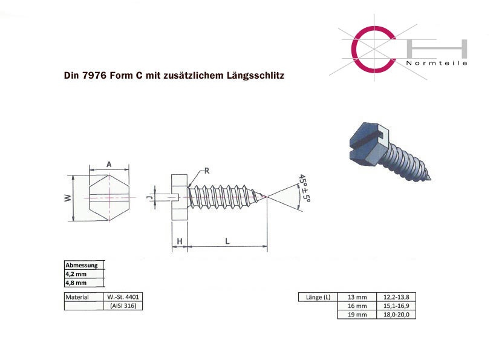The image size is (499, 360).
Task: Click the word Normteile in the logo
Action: click(437, 63)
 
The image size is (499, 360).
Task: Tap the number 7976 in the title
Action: click(94, 76)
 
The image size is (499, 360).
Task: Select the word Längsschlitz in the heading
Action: click(255, 76)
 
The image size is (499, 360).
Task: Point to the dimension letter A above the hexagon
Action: click(109, 164)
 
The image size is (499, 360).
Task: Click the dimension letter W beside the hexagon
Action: click(68, 198)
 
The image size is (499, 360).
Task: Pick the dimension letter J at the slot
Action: click(149, 198)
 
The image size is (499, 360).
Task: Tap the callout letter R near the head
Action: click(207, 171)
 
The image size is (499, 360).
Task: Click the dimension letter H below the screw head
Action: click(180, 241)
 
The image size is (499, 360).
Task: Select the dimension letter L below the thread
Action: click(227, 241)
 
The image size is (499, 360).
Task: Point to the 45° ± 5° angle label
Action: click(305, 188)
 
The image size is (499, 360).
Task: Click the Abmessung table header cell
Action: click(84, 265)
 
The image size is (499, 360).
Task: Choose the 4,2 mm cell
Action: click(84, 274)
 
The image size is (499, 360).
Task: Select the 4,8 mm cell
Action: click(84, 283)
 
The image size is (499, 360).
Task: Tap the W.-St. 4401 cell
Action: click(123, 297)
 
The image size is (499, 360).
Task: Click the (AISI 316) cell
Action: click(123, 306)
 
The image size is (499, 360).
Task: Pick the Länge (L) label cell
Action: click(318, 297)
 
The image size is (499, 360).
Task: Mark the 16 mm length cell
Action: click(357, 306)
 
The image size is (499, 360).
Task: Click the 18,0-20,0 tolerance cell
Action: click(396, 315)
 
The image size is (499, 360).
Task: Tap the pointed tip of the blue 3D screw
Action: click(430, 179)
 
